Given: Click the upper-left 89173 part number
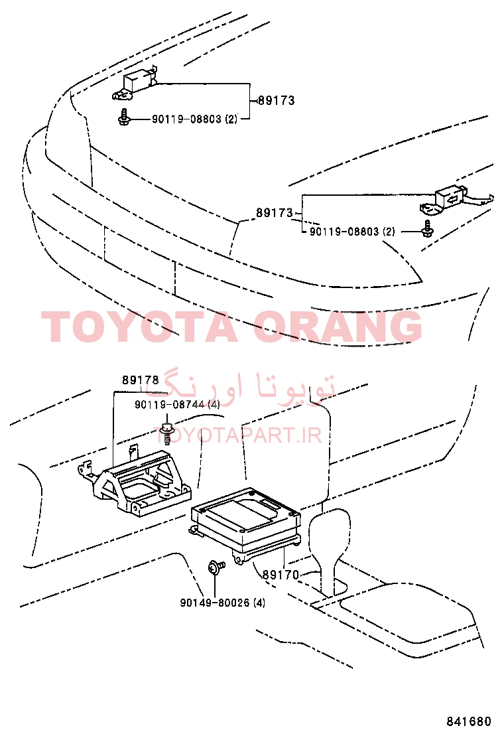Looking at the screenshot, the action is coord(276,100).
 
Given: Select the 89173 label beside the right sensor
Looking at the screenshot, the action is coord(275,213).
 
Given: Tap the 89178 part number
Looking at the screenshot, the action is coord(141,380).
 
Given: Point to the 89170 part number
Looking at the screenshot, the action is coord(281,575).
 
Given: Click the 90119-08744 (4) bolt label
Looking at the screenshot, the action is coord(177,404).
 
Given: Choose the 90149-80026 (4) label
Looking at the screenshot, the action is coord(222,603).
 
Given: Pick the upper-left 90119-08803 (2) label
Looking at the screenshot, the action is coord(195,119).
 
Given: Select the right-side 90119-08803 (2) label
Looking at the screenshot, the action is coord(352,232).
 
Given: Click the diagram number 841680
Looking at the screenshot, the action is coord(468,721).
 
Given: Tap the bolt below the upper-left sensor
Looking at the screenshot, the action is coord(124,117).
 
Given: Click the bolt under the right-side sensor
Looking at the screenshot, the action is coord(427,228).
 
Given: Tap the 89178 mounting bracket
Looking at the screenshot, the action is coord(135,482).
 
